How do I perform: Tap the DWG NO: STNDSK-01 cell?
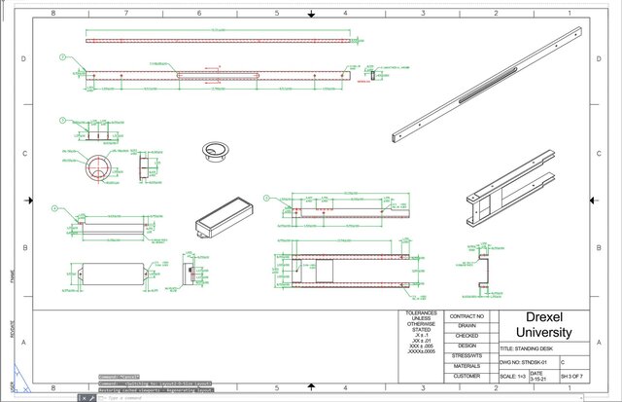(x=526, y=361)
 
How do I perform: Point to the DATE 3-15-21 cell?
(x=542, y=376)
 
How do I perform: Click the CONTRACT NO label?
(x=466, y=316)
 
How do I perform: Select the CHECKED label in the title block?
(x=466, y=336)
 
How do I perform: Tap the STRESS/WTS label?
(x=466, y=356)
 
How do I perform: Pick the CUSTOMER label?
(x=466, y=376)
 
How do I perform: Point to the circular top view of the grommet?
(x=97, y=168)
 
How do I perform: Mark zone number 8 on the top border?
(x=52, y=14)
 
